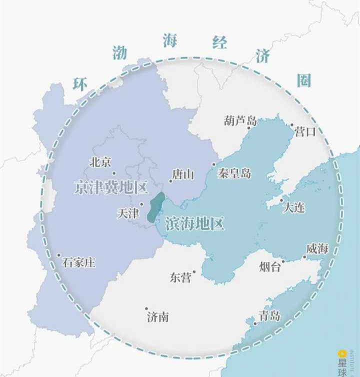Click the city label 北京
pos(100,162)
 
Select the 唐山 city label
pos(183,174)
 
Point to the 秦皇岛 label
pos(234,173)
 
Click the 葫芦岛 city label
pos(240,120)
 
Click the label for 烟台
pos(270,267)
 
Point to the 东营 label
pos(180,278)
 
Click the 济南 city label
pos(157,316)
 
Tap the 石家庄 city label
pos(79,262)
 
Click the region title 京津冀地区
pos(111,188)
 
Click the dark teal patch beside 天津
pos(155,207)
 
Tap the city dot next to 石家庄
pos(58,255)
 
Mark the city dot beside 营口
pos(292,125)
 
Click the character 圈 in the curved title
pos(304,80)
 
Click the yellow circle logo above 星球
pos(342,354)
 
